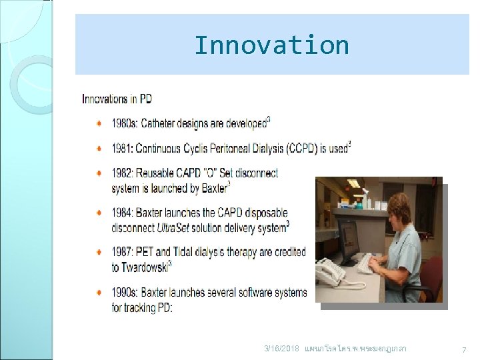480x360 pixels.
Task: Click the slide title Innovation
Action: pos(271,45)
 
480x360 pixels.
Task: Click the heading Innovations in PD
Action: pos(117,99)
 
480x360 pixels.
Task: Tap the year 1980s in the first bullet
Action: pos(125,124)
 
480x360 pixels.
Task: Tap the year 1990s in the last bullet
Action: pos(125,293)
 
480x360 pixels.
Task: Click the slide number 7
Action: pos(464,350)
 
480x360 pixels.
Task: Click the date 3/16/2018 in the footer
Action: pos(282,349)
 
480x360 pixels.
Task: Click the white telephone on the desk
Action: pos(331,272)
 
